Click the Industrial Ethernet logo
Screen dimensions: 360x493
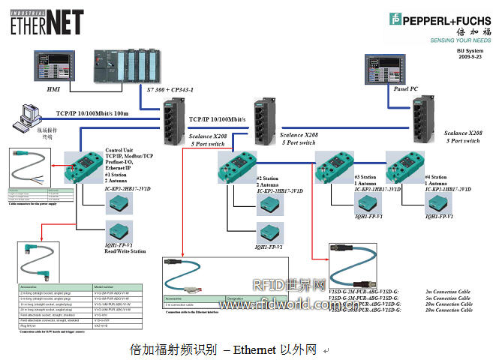click(46, 20)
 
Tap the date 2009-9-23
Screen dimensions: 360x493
click(471, 57)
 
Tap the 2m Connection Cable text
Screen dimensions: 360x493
click(449, 291)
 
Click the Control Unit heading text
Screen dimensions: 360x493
click(120, 150)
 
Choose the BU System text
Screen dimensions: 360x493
click(471, 50)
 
